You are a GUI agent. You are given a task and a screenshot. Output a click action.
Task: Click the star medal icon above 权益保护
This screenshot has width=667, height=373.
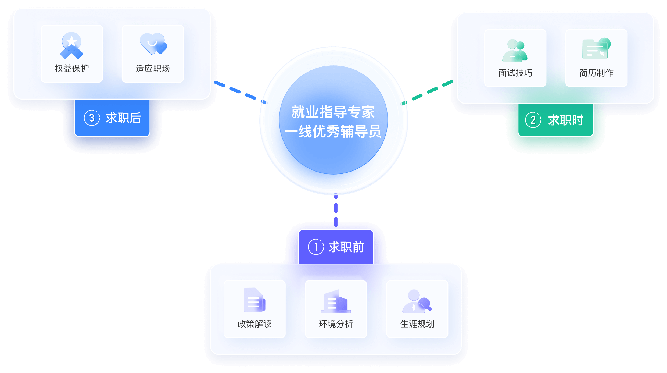click(72, 45)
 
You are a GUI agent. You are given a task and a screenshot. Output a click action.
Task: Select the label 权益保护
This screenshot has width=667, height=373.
click(72, 69)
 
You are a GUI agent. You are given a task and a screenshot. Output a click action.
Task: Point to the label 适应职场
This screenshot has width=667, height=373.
click(153, 69)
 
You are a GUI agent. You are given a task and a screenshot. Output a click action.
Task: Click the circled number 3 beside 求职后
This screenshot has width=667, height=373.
click(92, 118)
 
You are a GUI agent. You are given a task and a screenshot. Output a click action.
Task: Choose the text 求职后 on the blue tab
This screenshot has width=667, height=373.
click(123, 118)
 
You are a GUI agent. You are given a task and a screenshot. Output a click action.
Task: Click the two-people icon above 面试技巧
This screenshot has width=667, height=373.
click(515, 50)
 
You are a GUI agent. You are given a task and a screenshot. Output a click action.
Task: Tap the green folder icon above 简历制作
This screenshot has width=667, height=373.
click(596, 49)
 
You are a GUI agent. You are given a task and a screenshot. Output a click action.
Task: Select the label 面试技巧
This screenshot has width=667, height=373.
click(515, 73)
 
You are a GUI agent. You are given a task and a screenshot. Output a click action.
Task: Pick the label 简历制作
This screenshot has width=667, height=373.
click(596, 73)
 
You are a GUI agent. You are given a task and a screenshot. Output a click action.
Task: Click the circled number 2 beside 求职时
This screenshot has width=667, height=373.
click(533, 120)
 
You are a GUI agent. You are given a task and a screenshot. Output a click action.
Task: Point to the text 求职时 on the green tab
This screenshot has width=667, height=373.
click(566, 120)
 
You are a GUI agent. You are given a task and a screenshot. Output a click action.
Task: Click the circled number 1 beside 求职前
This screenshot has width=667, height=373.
click(316, 247)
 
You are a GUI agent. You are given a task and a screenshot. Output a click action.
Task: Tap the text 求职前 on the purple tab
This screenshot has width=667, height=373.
click(346, 247)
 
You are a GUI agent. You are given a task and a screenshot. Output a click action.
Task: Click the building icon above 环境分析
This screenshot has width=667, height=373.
click(336, 301)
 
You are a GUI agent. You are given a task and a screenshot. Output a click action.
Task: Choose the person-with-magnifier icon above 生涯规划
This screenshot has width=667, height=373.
click(417, 301)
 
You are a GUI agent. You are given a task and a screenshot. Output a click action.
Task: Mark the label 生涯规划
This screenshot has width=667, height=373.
click(417, 324)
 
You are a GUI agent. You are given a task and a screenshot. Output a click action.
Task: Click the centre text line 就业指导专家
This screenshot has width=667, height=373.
click(333, 112)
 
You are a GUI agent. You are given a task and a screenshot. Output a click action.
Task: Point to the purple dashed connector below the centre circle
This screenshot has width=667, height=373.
click(336, 210)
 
